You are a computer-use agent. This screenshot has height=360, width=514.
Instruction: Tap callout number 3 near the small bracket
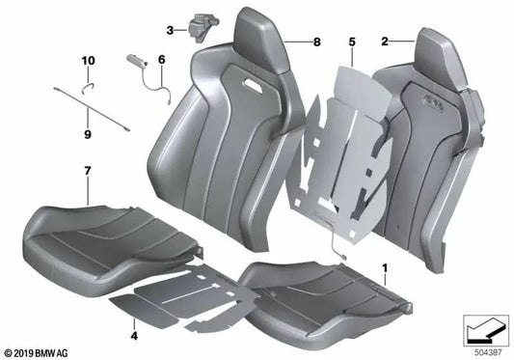click(170, 31)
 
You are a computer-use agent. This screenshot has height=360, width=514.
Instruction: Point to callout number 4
click(133, 336)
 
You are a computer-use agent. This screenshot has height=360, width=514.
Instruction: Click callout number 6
click(161, 59)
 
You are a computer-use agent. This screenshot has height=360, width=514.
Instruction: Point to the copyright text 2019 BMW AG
click(37, 351)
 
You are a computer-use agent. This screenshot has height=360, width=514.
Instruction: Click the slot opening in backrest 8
click(259, 88)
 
